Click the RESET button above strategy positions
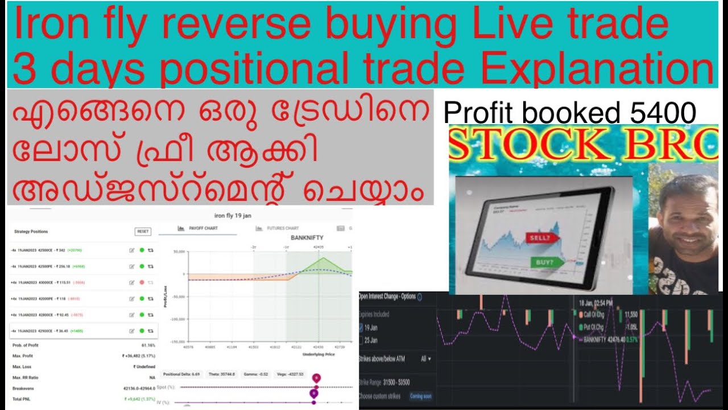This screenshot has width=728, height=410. click(x=143, y=231)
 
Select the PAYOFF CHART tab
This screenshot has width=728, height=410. click(x=202, y=228)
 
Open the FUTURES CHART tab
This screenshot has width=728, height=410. click(x=282, y=228)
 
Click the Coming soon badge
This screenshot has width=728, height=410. click(x=420, y=396)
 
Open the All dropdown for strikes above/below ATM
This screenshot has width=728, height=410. click(x=425, y=359)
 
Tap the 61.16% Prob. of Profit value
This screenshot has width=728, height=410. click(x=148, y=345)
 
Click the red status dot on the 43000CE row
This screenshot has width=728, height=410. click(x=142, y=282)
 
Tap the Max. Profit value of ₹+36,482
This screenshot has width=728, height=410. click(x=140, y=356)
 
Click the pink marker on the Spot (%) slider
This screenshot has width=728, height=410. click(x=316, y=378)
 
